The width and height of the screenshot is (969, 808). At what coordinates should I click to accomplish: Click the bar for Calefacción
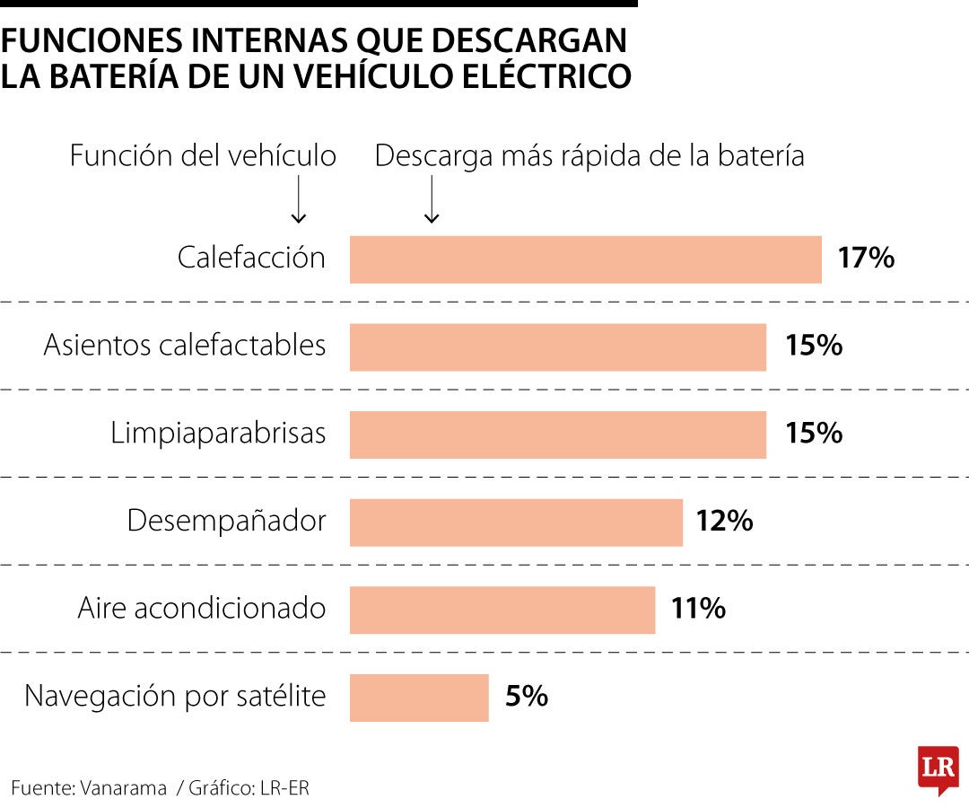coord(585,259)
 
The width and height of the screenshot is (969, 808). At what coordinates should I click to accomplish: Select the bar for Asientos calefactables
coord(558,347)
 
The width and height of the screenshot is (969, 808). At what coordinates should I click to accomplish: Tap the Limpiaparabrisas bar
coord(558,435)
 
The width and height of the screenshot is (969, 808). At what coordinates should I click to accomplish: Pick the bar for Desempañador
coord(516,522)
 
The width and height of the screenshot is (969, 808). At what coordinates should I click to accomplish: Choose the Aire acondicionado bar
coord(502,610)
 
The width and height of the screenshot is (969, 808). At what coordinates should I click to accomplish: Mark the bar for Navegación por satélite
coord(419,698)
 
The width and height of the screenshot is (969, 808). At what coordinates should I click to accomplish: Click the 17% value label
coord(866,259)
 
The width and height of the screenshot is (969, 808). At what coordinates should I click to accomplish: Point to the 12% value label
coord(724,521)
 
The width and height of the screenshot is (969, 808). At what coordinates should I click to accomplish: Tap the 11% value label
coord(698,609)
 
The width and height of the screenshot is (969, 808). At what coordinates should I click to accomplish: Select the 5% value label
coord(526,697)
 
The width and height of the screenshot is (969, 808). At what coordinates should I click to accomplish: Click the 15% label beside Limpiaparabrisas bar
coord(814,434)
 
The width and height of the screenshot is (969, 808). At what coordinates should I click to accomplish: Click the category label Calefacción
coord(251,259)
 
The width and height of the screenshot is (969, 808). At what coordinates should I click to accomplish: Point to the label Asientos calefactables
coord(185,346)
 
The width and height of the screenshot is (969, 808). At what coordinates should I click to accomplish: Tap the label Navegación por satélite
coord(175,696)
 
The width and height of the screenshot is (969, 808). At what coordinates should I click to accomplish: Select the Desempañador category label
coord(226,521)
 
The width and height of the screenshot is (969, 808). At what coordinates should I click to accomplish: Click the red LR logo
coord(938,768)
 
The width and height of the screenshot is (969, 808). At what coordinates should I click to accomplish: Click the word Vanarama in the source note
coord(123,788)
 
